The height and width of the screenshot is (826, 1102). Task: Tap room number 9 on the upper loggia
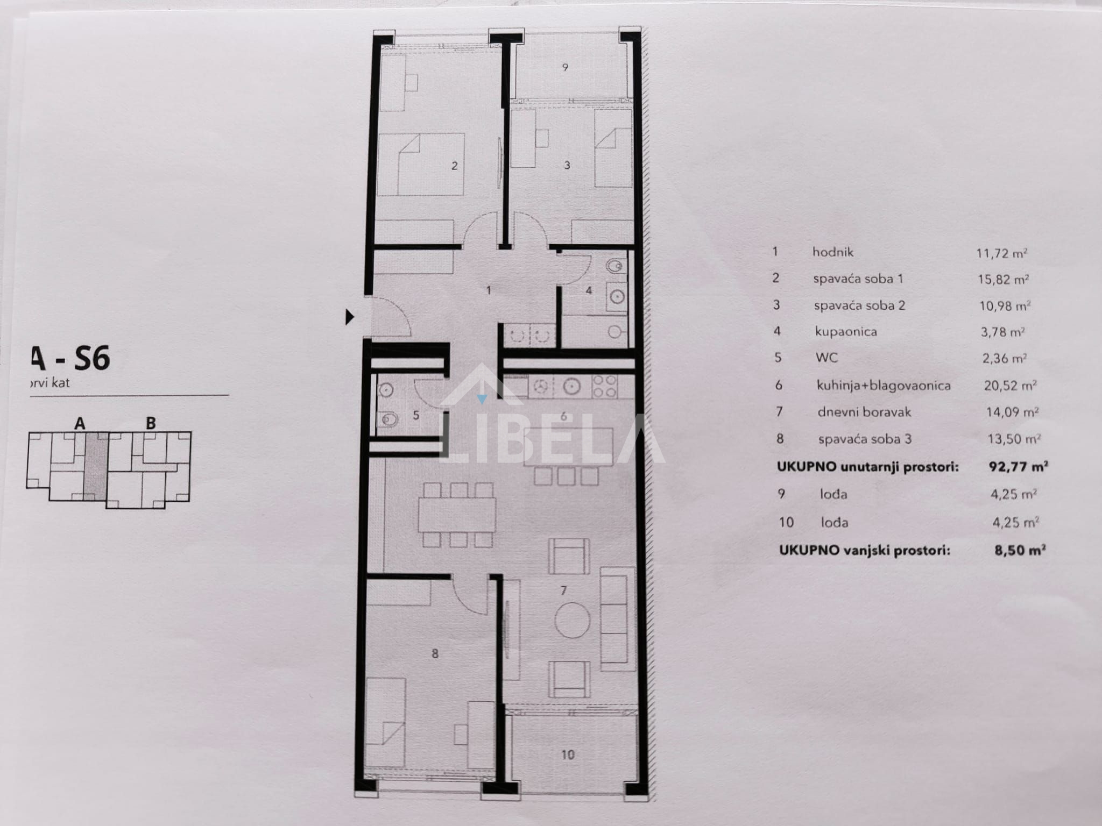coord(565,67)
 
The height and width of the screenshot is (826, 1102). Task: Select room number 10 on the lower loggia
coord(568,754)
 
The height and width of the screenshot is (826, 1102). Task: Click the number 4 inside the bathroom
coord(589,290)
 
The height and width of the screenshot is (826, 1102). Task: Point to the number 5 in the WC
coord(416,415)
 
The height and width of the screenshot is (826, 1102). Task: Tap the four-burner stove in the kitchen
coord(604,386)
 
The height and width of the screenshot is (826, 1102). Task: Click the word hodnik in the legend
coord(833,252)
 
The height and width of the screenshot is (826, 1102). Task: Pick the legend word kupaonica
coord(845,331)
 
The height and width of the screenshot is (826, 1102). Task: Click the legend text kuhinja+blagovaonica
coord(884,385)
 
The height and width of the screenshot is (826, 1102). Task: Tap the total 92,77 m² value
coord(1018,466)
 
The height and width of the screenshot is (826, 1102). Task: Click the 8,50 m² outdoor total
coord(1020,550)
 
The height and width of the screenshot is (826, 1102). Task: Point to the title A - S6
coord(70,358)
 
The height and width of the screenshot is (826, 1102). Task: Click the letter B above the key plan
coord(151,423)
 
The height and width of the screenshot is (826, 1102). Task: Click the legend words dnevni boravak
coord(864,412)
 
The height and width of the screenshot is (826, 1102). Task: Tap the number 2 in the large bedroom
coord(455,166)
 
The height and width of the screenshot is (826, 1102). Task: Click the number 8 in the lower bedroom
coord(435,654)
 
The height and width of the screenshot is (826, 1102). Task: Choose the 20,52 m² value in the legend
coord(1009,385)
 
